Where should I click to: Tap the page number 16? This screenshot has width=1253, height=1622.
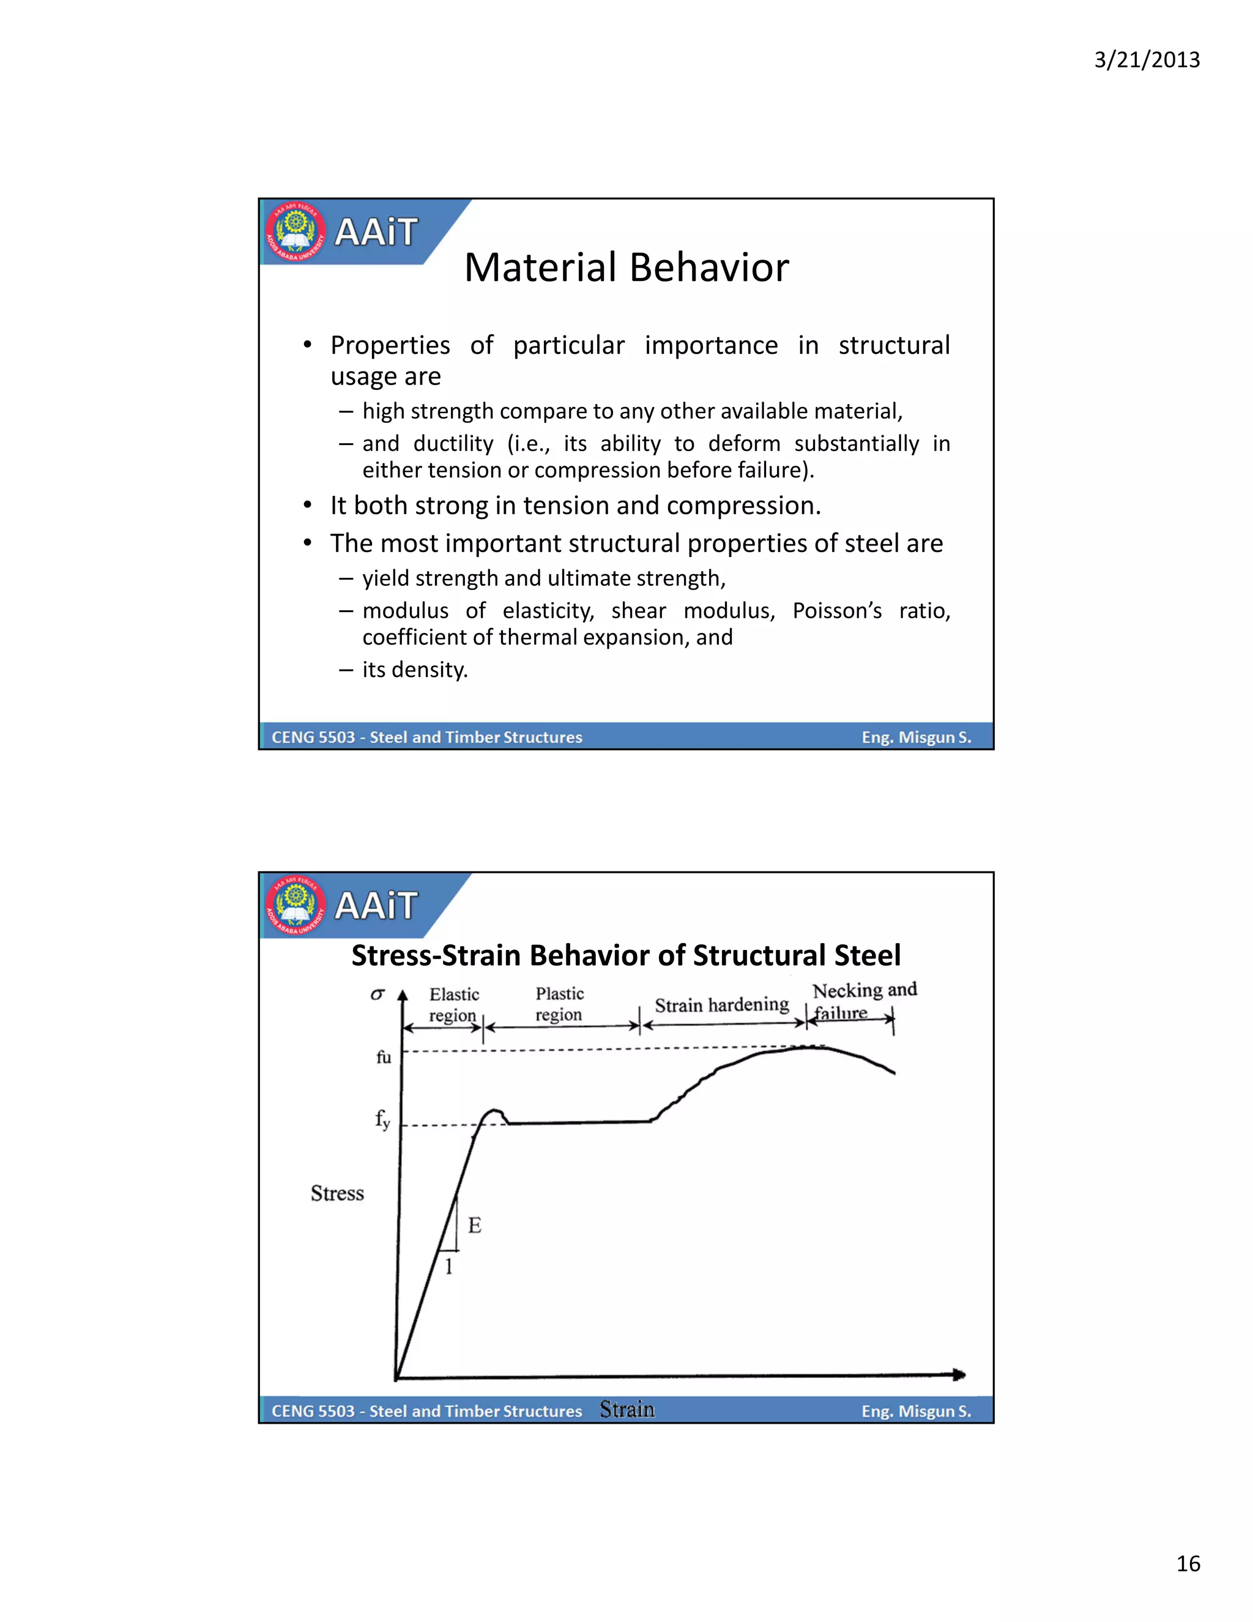(1188, 1563)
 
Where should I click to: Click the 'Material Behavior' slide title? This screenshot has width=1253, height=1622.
(626, 267)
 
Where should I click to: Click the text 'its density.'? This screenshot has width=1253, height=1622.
(415, 669)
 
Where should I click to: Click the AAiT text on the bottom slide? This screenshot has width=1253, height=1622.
(376, 905)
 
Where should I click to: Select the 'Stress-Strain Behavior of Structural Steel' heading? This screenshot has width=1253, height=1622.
(626, 955)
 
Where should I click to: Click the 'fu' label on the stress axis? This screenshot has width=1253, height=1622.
(383, 1057)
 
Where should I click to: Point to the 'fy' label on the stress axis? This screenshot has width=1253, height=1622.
(382, 1118)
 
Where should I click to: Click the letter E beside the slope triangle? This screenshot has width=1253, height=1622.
(475, 1225)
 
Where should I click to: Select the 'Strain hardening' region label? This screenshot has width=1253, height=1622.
(721, 1005)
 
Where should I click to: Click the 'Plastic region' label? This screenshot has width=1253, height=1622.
(560, 1004)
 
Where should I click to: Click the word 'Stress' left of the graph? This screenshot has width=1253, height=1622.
(337, 1194)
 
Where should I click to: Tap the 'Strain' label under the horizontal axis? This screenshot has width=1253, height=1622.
(627, 1409)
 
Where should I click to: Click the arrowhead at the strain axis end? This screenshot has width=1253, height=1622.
(959, 1375)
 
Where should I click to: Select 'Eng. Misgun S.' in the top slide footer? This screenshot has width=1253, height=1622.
(916, 738)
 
